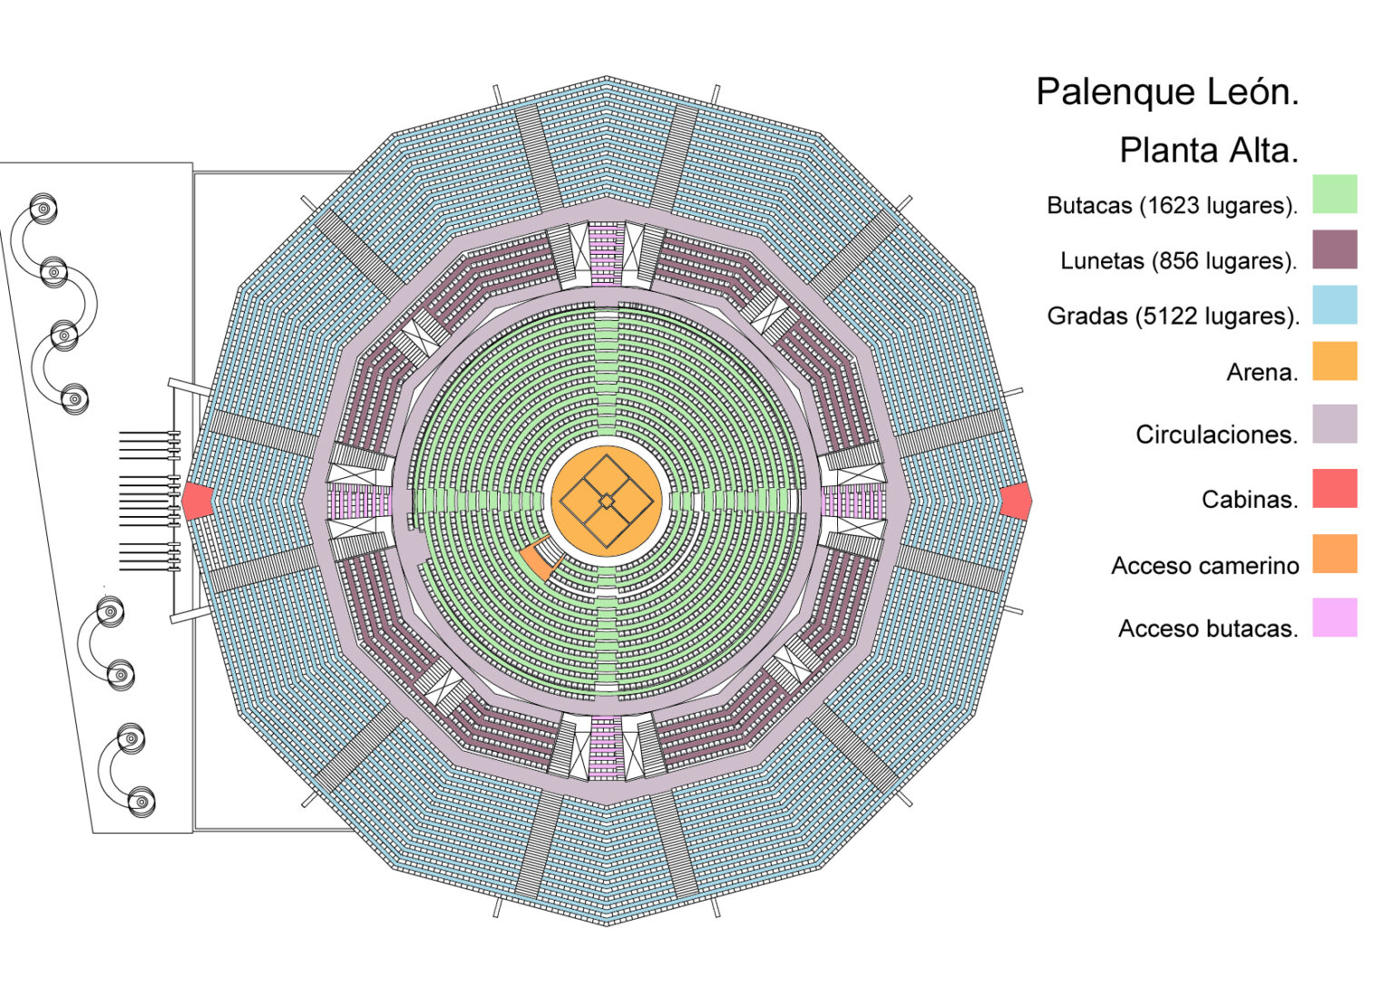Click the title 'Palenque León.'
[1167, 93]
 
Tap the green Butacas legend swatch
[1335, 194]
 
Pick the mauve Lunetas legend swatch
[1335, 249]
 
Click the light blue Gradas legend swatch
[1335, 305]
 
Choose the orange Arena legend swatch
[1335, 361]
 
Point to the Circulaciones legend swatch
[1335, 424]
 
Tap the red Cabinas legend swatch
[1335, 488]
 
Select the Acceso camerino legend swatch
[1335, 553]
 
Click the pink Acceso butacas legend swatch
[1335, 617]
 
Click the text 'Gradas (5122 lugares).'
[1173, 317]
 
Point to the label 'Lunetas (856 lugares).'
[1178, 261]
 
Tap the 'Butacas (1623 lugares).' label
[1172, 206]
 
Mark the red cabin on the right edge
[1017, 501]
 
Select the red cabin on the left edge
[196, 501]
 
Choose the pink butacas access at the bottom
[606, 747]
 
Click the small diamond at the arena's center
[606, 501]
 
